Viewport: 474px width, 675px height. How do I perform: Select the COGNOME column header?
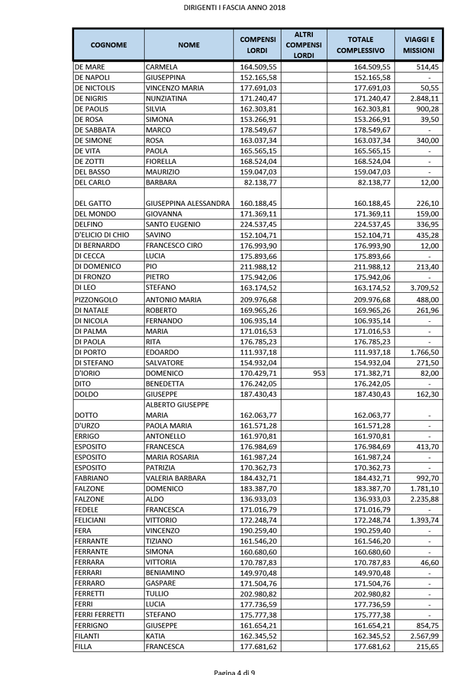[x=108, y=44]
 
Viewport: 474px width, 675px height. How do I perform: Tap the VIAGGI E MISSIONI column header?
[x=419, y=44]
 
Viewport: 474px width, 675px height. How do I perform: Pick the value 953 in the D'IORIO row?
[x=315, y=373]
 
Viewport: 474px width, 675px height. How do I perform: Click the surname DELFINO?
[x=89, y=224]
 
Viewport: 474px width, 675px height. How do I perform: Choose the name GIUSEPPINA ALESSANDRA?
[x=188, y=204]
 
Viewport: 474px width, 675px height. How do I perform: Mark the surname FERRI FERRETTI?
[x=100, y=615]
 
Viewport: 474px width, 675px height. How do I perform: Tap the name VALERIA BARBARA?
[x=176, y=478]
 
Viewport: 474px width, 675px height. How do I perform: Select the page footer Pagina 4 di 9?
[x=235, y=672]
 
